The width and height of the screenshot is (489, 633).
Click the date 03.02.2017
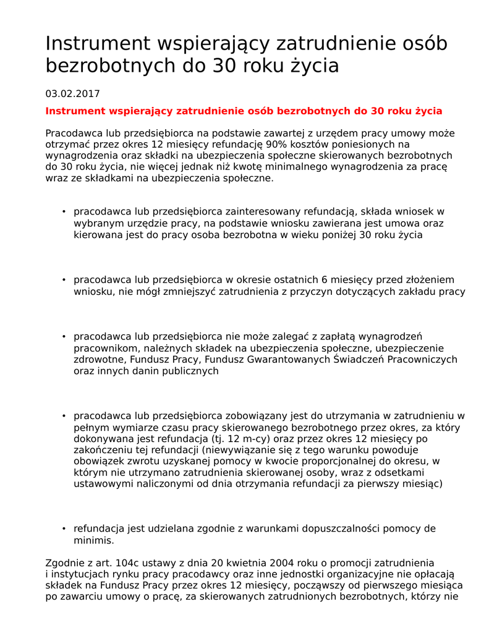click(72, 94)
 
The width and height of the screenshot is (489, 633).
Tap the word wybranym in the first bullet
click(93, 223)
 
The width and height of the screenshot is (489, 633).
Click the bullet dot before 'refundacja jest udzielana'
click(64, 529)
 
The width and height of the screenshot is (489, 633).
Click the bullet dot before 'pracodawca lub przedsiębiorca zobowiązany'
click(64, 416)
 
